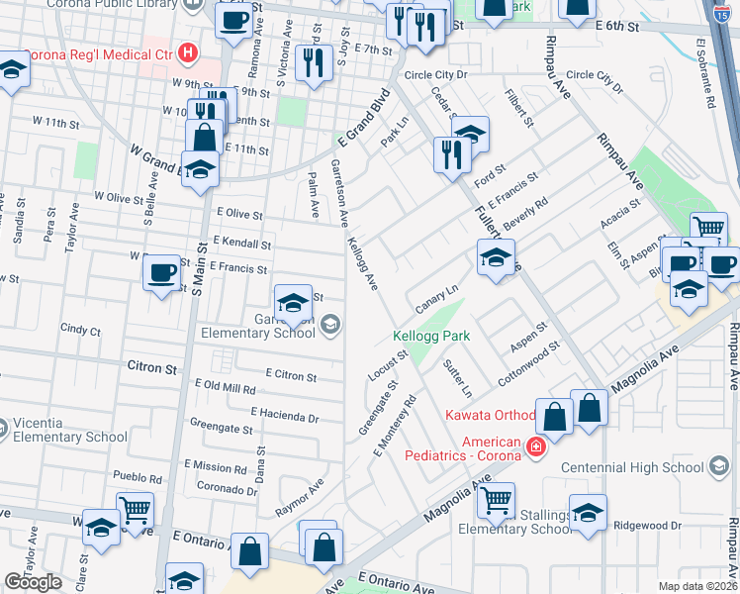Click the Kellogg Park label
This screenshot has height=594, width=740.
point(430,336)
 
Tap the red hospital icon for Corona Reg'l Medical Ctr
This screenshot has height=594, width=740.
point(185,52)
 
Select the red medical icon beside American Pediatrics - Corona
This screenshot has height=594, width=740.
point(535,447)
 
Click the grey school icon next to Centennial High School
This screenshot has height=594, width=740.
point(720,466)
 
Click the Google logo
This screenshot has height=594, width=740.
point(34,582)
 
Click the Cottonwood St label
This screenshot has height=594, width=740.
point(529,361)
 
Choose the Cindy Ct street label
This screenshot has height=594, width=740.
point(80,329)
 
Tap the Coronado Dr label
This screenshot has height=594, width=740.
point(227,487)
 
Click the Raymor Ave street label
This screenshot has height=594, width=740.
point(302,495)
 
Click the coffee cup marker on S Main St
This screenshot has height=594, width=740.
point(161,272)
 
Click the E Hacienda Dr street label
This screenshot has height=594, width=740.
point(284,414)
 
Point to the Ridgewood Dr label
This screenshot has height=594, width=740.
point(648,526)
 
